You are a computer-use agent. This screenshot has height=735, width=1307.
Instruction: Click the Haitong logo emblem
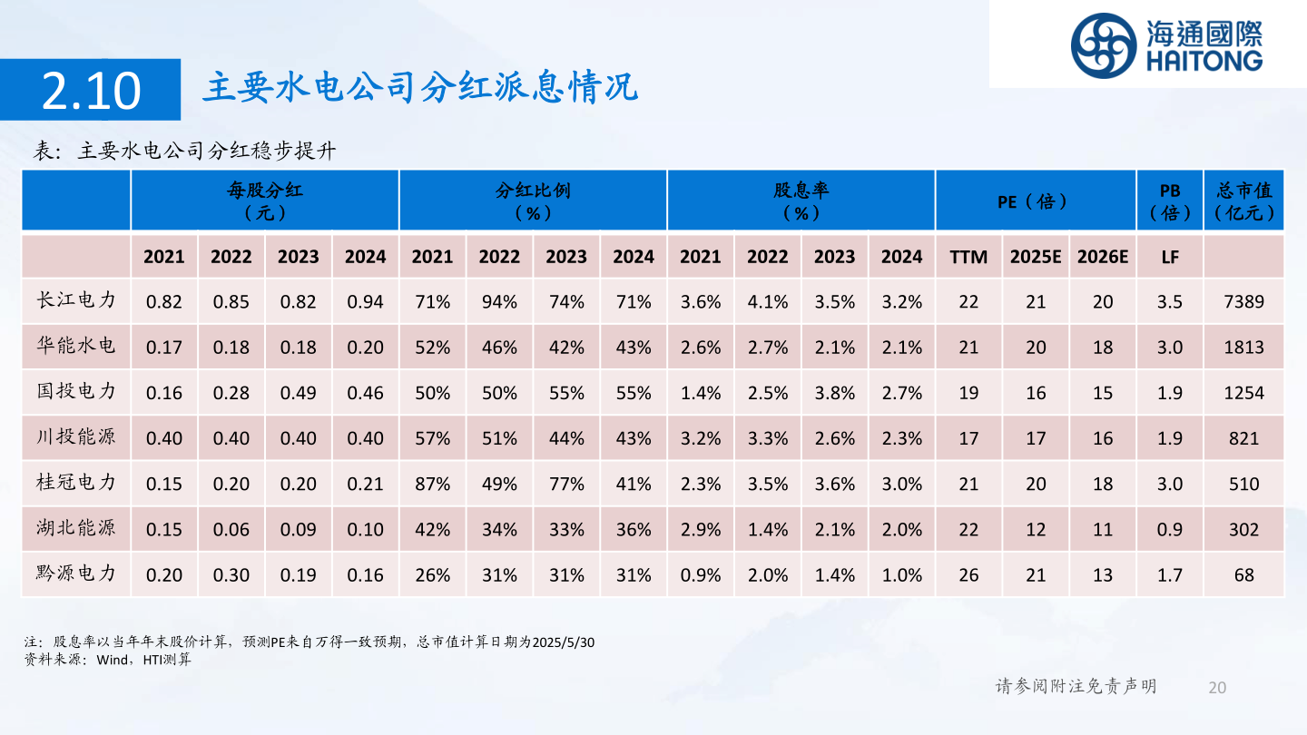click(1103, 44)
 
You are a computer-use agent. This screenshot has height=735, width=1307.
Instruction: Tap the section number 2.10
click(91, 90)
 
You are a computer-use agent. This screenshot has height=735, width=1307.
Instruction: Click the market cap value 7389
click(1243, 301)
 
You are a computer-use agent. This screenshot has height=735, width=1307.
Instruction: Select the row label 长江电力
click(76, 300)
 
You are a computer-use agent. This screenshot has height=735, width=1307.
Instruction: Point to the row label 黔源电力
click(76, 573)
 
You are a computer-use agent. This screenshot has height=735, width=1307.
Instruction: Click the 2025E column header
click(1036, 257)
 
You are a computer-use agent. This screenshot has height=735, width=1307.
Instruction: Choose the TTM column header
click(968, 257)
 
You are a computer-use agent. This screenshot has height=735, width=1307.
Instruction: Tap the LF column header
click(1170, 257)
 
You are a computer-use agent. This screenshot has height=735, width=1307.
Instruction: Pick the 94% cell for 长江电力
click(499, 301)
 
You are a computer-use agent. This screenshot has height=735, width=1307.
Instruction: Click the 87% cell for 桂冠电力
click(432, 484)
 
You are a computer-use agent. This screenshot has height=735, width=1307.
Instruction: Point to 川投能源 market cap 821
click(1243, 438)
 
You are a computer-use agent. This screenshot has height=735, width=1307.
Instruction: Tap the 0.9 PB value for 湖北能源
click(1170, 529)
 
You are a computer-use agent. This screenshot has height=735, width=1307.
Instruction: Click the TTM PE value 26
click(968, 574)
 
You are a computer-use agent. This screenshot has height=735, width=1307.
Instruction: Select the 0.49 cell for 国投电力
click(298, 393)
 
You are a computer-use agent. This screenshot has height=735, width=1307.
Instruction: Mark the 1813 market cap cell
click(1243, 347)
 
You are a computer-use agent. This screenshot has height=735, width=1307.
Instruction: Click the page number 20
click(1217, 687)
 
